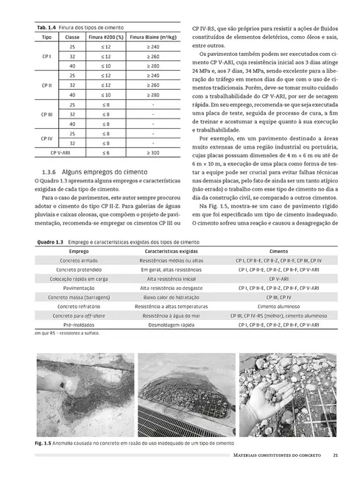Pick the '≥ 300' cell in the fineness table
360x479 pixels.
[152, 153]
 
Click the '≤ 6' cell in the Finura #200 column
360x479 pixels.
[106, 153]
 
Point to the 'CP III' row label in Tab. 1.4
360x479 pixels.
[46, 114]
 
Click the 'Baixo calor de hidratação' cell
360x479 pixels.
[169, 293]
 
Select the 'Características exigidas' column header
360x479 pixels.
[169, 251]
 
